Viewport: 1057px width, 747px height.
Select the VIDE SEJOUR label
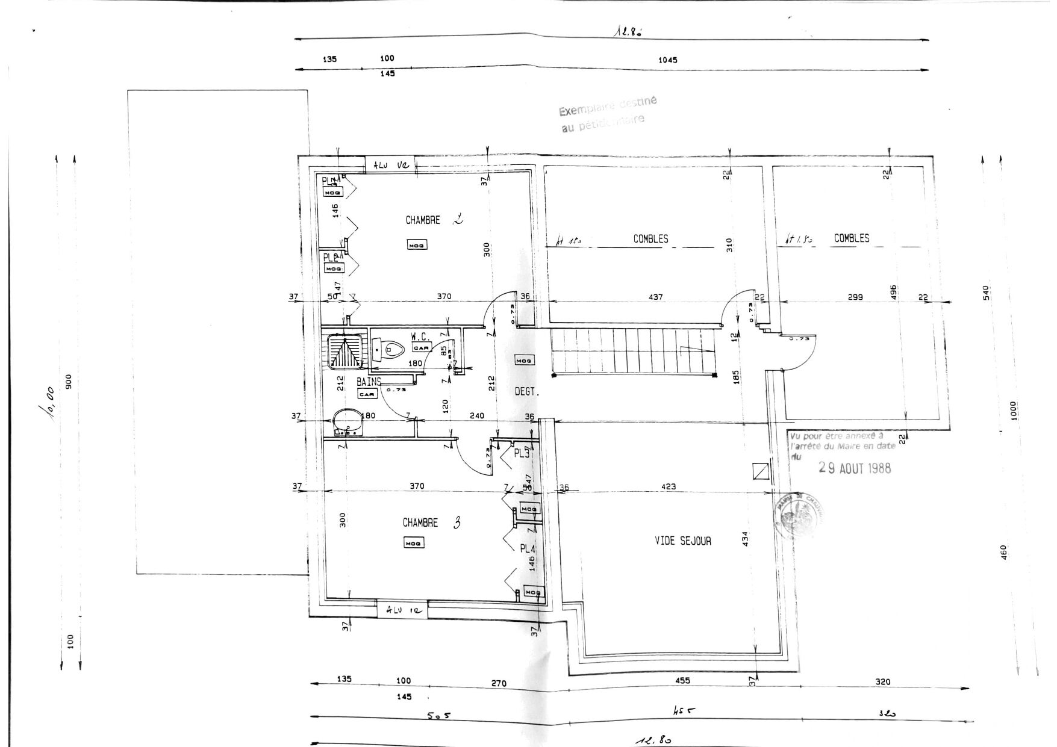[682, 541]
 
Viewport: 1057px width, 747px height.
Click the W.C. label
[420, 337]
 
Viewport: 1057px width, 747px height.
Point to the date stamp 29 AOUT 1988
[855, 468]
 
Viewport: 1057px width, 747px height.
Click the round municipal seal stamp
[797, 515]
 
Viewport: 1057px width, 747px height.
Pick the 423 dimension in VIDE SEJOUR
[668, 486]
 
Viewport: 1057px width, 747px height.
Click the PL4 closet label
[527, 548]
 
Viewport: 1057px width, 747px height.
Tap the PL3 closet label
[521, 453]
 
